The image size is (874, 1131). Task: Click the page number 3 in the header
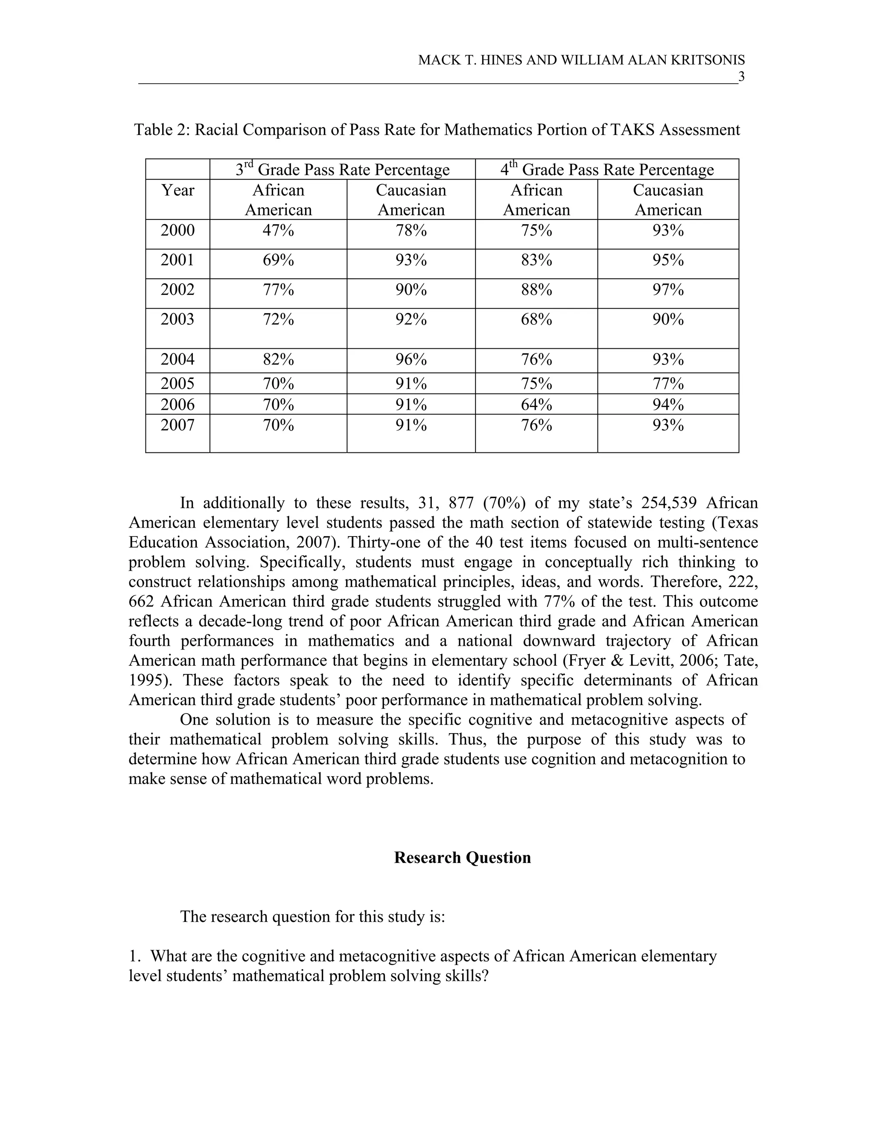741,77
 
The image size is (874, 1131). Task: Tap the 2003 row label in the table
178,319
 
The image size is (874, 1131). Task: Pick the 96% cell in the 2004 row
411,359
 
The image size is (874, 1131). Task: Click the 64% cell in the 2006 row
536,404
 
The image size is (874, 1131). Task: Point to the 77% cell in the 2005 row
668,384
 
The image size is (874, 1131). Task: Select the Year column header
178,190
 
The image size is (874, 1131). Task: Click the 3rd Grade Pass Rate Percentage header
342,169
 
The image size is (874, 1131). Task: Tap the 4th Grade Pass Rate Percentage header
607,169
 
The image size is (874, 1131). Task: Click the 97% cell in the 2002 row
668,289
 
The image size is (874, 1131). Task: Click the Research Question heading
462,857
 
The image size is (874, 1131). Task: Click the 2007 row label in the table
178,425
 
